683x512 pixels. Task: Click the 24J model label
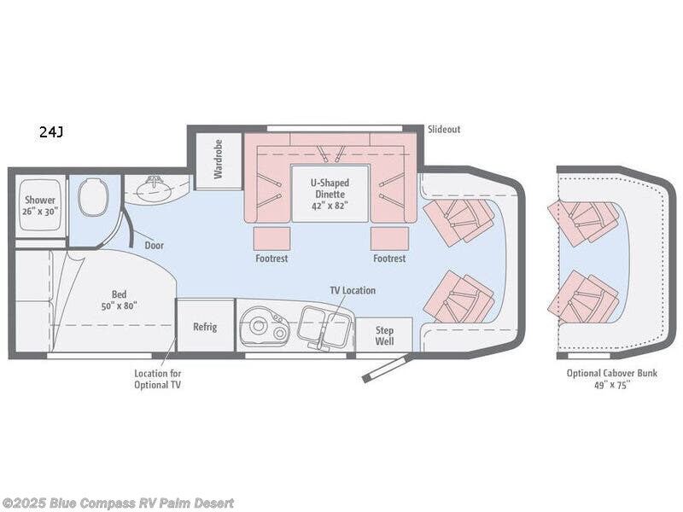click(50, 131)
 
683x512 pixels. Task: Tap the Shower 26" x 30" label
click(39, 206)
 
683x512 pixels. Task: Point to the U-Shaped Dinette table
click(330, 194)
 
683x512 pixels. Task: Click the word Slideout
click(443, 129)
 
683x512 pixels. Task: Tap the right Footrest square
click(388, 238)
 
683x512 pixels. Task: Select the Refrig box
click(205, 326)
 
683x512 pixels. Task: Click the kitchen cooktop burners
click(261, 326)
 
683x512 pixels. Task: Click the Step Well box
click(384, 335)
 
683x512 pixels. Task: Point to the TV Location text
click(353, 290)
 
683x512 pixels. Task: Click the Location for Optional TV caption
click(157, 378)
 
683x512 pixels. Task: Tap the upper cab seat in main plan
click(461, 220)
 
